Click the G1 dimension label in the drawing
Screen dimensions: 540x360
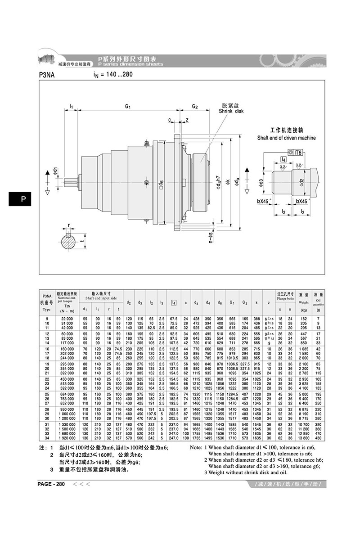point(127,107)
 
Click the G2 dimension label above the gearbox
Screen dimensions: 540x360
point(195,107)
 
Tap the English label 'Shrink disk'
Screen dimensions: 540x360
point(230,111)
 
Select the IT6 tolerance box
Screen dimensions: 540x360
point(297,153)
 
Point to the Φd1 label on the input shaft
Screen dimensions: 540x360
point(55,171)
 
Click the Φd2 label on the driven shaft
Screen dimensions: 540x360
point(301,182)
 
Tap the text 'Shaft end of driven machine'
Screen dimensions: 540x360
point(286,138)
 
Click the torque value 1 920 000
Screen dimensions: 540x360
point(66,438)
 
